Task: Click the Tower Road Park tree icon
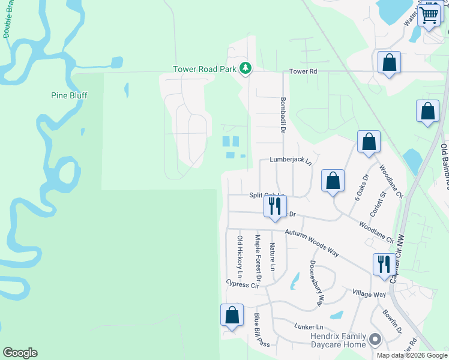pos(245,69)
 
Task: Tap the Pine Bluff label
pos(70,95)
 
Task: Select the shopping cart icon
pos(429,14)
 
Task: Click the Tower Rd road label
pos(303,71)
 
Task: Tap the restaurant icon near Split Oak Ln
pos(274,206)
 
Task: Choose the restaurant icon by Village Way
pos(384,264)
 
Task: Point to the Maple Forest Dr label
pos(258,258)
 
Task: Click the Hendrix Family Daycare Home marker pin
pos(375,340)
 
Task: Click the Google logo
pos(20,353)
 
